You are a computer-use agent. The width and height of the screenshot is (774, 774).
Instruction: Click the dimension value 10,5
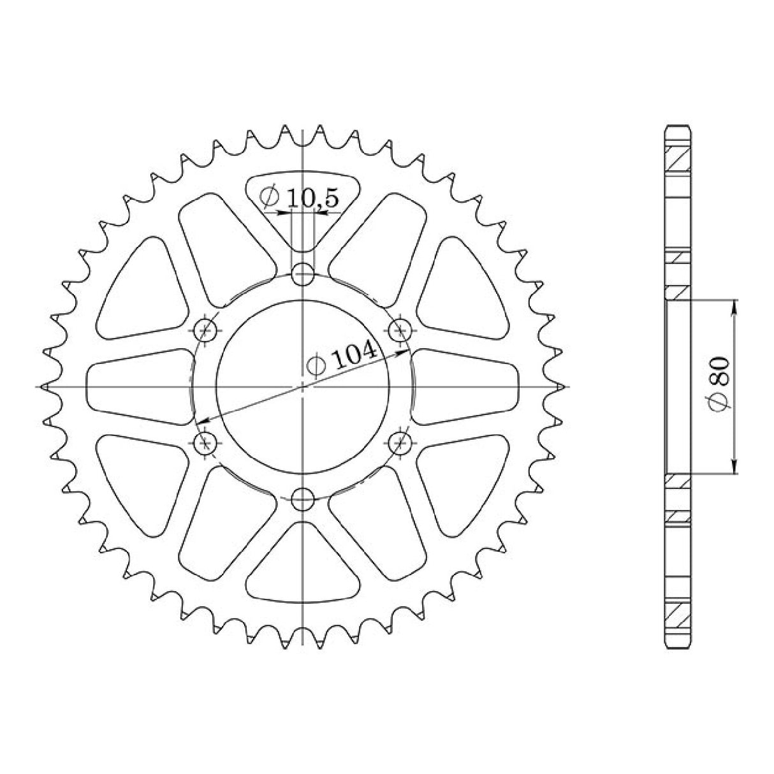click(x=312, y=198)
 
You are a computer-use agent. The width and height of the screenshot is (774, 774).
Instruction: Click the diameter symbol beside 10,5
click(x=269, y=196)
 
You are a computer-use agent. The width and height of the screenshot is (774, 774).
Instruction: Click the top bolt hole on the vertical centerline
click(x=303, y=277)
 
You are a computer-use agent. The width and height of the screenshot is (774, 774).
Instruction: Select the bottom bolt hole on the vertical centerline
click(x=303, y=498)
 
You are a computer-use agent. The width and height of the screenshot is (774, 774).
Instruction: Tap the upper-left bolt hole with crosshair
click(x=205, y=330)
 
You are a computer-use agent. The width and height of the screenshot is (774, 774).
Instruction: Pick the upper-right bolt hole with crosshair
click(x=400, y=330)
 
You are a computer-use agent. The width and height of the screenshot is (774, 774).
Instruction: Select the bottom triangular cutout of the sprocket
click(x=303, y=564)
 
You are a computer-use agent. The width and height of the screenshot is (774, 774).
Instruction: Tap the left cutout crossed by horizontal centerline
click(x=137, y=387)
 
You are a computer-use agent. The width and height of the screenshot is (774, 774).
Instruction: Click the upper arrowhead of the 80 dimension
click(x=735, y=307)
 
